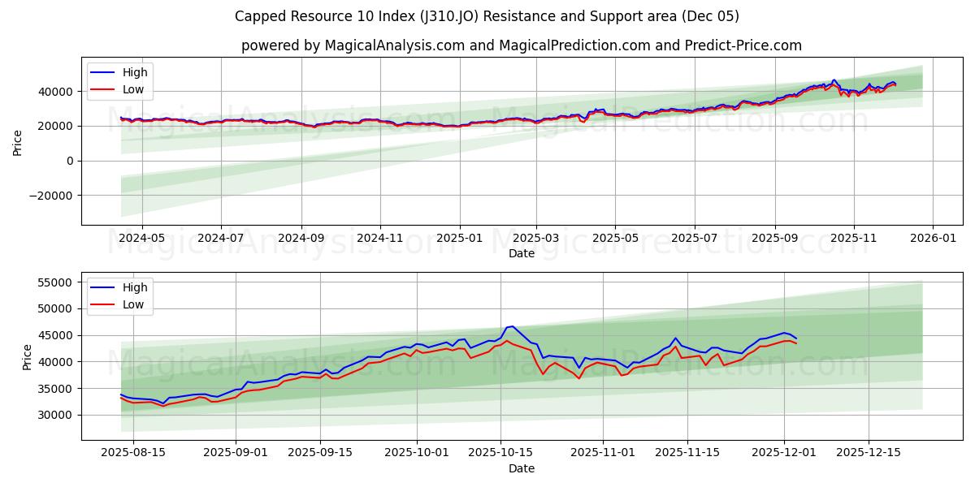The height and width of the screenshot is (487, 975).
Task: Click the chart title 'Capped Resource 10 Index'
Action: [487, 16]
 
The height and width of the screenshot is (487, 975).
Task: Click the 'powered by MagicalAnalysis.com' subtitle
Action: [521, 45]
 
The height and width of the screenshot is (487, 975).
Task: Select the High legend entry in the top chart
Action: [135, 73]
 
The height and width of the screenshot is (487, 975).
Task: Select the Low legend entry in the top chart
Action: [133, 89]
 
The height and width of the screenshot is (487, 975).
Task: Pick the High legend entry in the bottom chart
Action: [135, 287]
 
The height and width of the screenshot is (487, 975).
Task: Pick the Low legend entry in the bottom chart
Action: [133, 304]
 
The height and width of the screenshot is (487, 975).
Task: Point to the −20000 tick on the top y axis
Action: [50, 196]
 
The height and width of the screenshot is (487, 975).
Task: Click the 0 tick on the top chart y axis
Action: [70, 161]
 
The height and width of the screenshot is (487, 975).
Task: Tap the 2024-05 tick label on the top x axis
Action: [142, 239]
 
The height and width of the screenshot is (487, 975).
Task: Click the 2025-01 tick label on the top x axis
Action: [460, 239]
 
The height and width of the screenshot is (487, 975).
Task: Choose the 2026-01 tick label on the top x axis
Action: [932, 239]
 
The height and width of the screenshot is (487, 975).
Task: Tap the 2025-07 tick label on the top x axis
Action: [694, 239]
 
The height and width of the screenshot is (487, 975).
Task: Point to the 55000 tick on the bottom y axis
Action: [56, 282]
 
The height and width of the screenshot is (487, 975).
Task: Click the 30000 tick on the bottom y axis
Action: [56, 415]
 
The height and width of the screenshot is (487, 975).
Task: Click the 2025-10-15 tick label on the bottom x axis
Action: [500, 453]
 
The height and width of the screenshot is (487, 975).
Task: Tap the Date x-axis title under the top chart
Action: [521, 253]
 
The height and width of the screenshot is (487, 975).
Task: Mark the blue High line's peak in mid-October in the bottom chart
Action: [512, 326]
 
